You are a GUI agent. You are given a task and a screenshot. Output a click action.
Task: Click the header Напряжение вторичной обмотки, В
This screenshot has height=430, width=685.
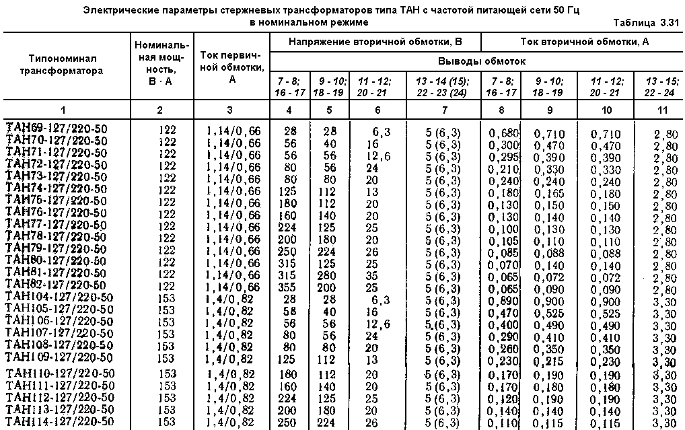click(x=375, y=42)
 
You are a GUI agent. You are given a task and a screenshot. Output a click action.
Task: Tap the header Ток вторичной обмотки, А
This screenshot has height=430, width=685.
click(x=584, y=42)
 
